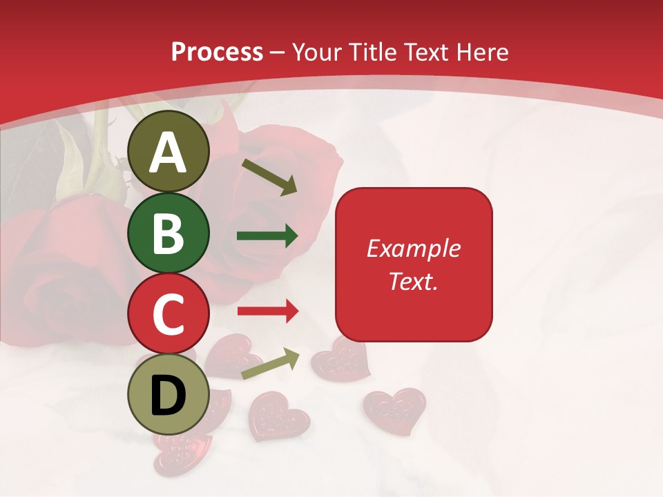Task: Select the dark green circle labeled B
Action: click(169, 233)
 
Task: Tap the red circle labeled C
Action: click(169, 313)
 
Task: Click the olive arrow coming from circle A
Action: click(269, 177)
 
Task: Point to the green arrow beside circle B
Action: click(267, 236)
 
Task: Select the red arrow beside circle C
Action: click(267, 311)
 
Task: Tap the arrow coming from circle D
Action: click(270, 363)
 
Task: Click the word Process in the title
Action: click(217, 52)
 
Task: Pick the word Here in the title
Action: click(483, 52)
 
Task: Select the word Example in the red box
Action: click(414, 248)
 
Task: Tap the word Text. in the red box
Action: click(414, 281)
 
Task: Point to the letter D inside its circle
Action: click(169, 395)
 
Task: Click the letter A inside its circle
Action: click(169, 153)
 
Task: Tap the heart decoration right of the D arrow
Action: click(340, 359)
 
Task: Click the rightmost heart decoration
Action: click(395, 409)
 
